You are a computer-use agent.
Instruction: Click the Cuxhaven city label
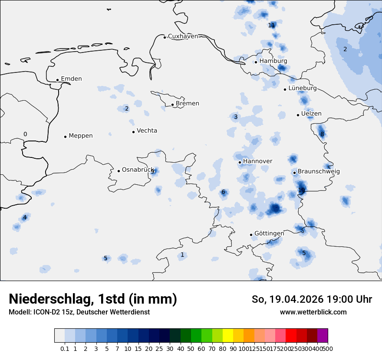(183, 36)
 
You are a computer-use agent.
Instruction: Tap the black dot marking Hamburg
(256, 62)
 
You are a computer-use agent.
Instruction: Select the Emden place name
(71, 79)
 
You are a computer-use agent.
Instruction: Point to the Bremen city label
(188, 104)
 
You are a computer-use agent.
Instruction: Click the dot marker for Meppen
(65, 136)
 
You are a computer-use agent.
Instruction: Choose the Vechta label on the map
(147, 131)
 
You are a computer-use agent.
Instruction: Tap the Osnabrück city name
(138, 170)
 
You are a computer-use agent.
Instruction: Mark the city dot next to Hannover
(240, 162)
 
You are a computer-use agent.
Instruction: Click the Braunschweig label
(319, 171)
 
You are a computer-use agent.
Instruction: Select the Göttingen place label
(269, 233)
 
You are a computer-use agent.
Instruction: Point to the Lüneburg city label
(303, 88)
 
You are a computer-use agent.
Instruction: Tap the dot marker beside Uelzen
(298, 115)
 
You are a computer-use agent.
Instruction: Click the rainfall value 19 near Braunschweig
(301, 190)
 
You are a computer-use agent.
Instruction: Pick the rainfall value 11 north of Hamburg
(271, 25)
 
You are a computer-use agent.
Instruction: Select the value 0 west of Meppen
(25, 134)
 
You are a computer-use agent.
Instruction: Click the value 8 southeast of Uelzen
(322, 134)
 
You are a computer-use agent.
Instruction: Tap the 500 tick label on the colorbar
(328, 349)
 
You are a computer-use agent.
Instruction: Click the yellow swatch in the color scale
(228, 336)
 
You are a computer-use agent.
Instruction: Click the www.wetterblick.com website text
(313, 312)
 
